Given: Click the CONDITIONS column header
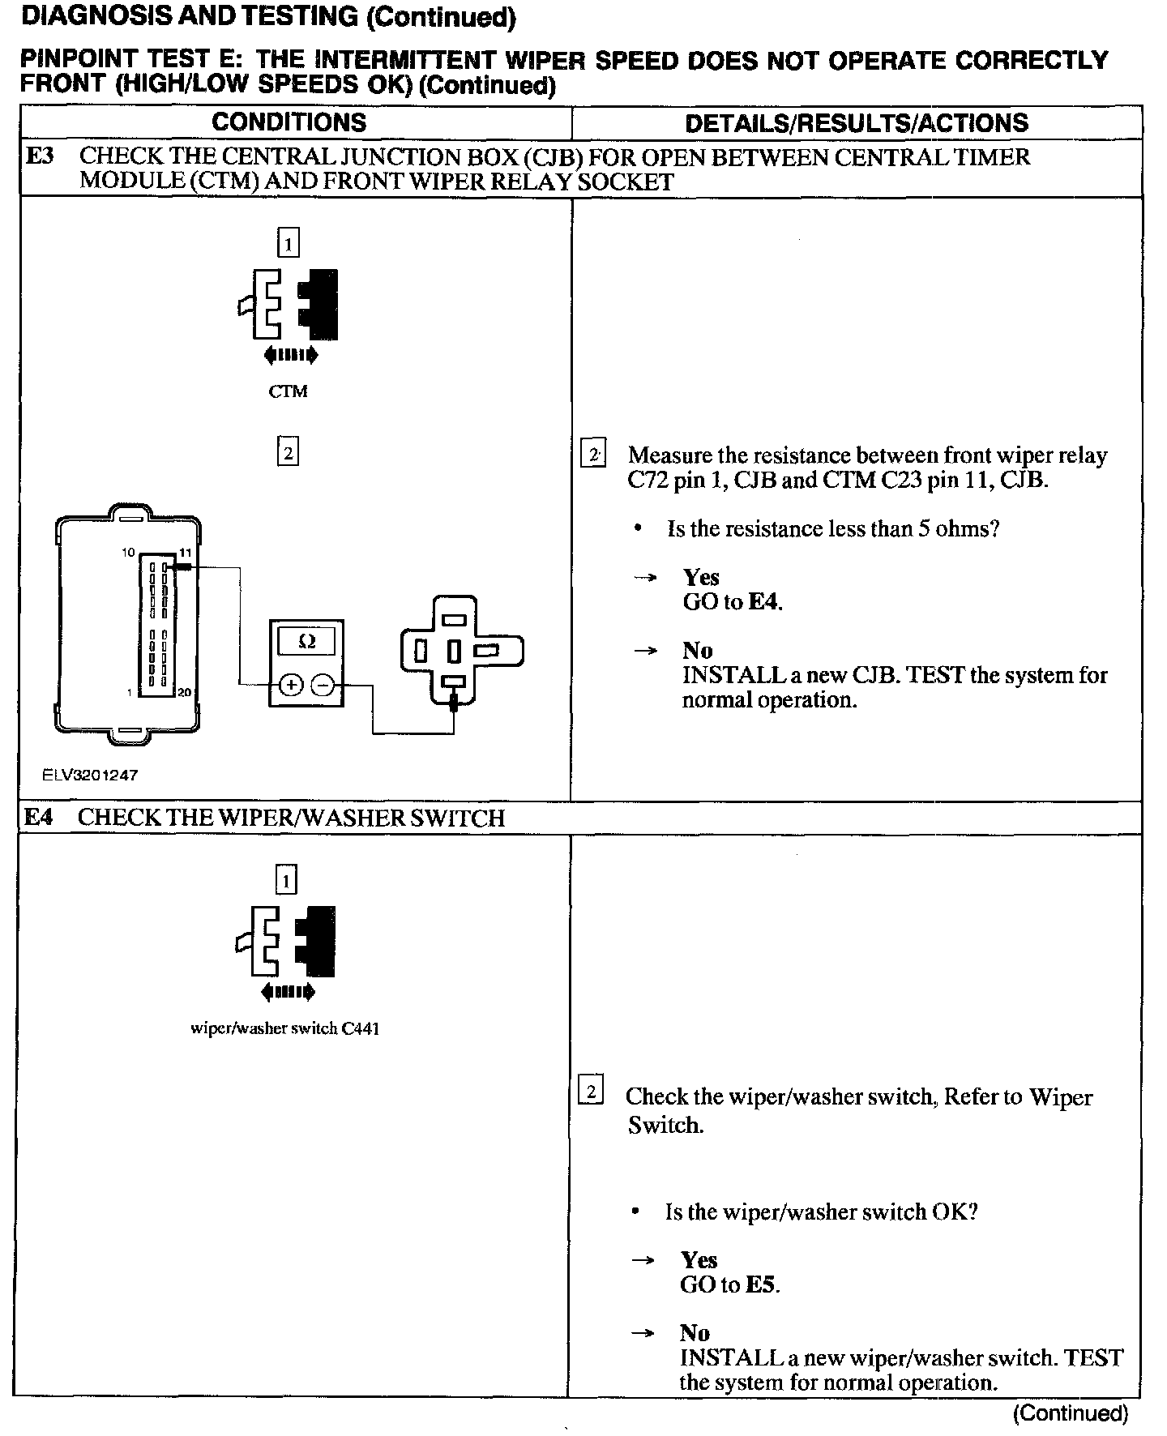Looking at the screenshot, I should pos(289,122).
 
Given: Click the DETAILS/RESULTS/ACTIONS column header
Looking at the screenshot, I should pos(857,123).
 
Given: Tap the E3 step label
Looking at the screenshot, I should pos(40,156).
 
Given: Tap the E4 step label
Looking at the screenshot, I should pos(38,817).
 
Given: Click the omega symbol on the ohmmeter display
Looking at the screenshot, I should pos(306,642).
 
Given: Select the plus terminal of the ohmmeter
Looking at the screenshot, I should pos(290,686).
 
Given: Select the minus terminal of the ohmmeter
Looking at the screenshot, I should pos(323,686).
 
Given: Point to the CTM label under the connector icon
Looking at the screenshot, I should pos(288,391).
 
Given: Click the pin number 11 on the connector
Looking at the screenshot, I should pos(184,552).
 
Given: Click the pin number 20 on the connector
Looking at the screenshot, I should pos(184,693).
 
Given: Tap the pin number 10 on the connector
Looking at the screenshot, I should pos(128,552).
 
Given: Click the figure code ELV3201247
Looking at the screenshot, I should pos(90,775).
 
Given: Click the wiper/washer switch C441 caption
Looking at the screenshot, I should pos(284,1028).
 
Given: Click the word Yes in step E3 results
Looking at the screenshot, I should pos(701,577).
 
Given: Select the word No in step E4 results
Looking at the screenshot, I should pos(695,1333).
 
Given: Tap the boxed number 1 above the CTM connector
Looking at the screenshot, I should pos(289,242).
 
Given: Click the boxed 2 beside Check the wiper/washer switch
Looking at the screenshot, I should pos(591,1093).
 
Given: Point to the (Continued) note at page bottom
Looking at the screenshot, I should pos(1070,1413).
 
